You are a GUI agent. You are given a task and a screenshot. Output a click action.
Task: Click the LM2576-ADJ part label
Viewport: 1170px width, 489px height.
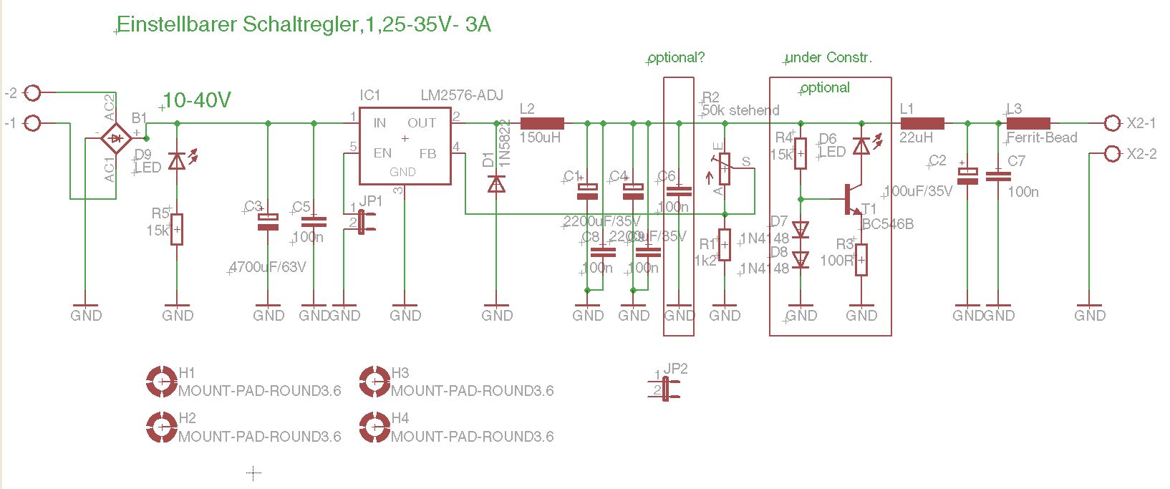[x=462, y=95]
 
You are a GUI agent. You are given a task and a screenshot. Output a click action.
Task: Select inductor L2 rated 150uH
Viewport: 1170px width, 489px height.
[x=542, y=123]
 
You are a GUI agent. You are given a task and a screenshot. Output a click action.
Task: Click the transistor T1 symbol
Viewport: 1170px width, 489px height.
[x=852, y=199]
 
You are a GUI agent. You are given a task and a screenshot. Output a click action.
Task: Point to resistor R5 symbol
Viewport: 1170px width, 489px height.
[x=177, y=229]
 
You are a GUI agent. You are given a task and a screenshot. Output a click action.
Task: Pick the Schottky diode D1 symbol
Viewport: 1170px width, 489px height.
[x=496, y=184]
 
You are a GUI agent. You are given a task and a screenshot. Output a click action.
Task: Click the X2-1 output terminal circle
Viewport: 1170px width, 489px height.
[x=1111, y=123]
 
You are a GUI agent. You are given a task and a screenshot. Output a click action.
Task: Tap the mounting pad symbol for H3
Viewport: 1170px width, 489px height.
[x=374, y=382]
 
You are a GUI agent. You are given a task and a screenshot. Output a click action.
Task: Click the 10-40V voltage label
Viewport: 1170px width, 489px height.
[x=197, y=100]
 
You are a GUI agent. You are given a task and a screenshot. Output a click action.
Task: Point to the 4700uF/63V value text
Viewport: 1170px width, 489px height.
[x=268, y=267]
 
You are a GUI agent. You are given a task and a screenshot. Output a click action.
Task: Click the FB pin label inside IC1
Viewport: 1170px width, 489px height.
[x=427, y=153]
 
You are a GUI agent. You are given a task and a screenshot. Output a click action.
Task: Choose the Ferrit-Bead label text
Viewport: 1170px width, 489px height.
[x=1042, y=138]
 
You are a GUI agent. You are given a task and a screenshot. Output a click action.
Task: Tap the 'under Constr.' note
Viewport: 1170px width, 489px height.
[x=829, y=58]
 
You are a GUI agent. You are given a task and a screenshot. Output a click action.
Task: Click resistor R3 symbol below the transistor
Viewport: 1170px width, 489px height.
[x=861, y=259]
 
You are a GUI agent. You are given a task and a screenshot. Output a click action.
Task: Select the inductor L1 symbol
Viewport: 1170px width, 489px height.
[x=922, y=123]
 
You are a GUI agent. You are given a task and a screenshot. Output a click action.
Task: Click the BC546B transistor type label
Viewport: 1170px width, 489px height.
[x=888, y=224]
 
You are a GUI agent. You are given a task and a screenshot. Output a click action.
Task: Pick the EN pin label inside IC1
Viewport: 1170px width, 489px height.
[x=382, y=153]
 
